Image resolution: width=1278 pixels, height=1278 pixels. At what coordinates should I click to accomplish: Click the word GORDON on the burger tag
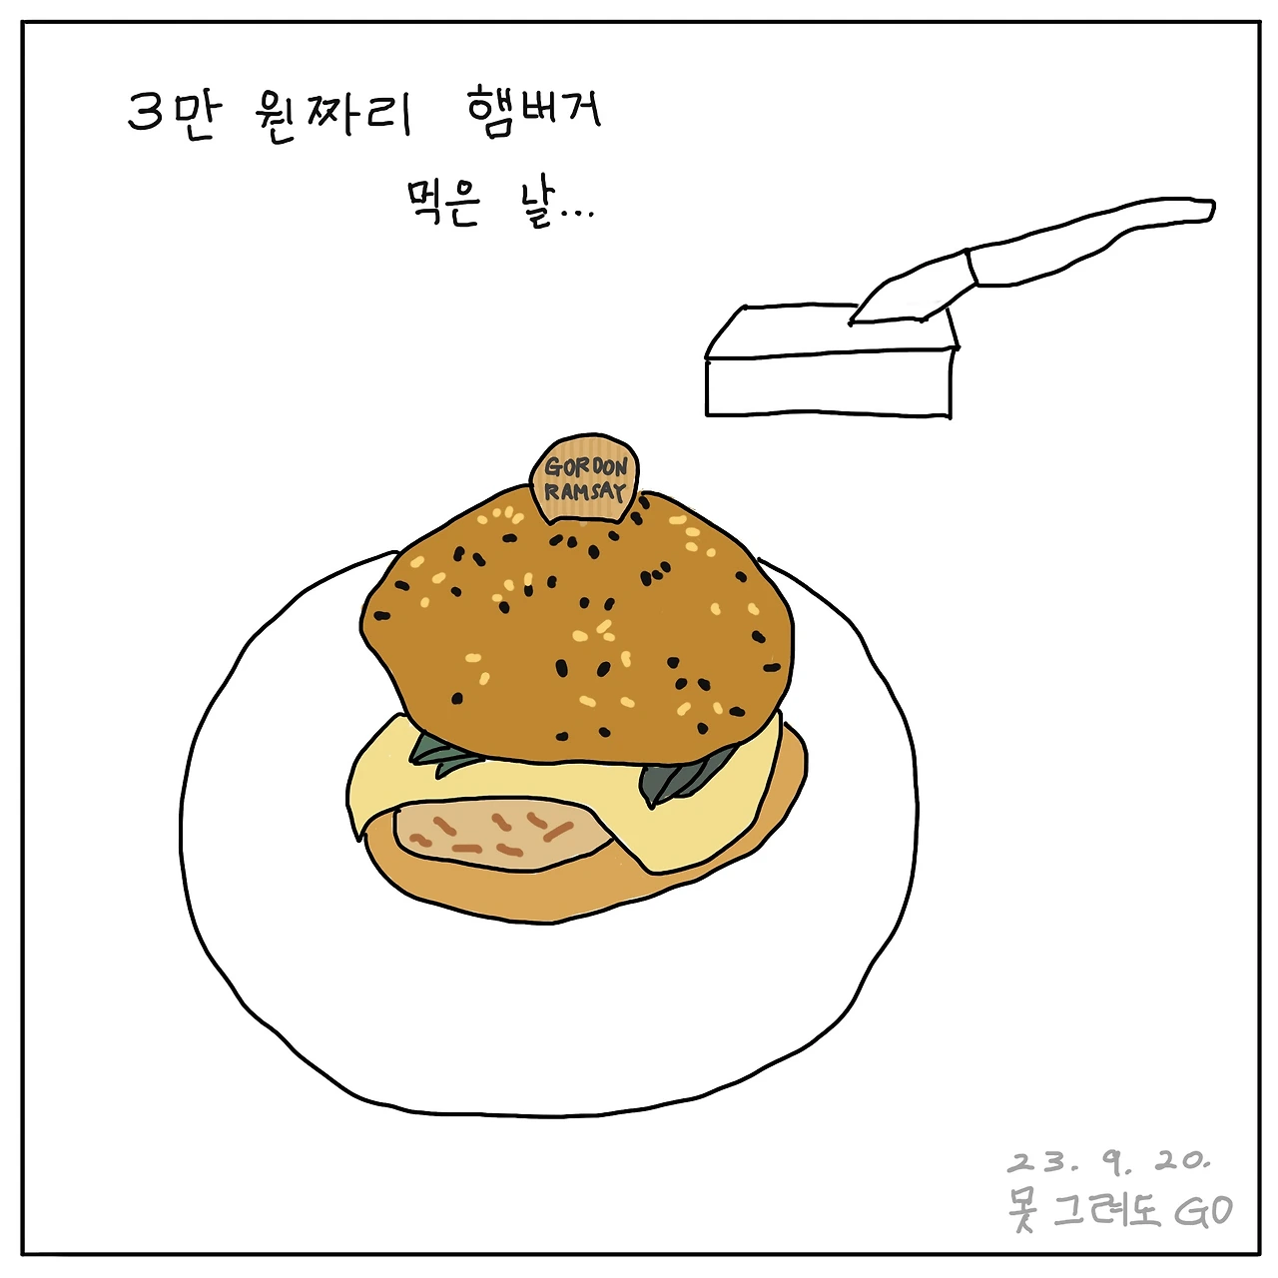point(585,467)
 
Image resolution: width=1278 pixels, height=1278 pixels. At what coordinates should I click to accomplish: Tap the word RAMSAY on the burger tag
point(585,492)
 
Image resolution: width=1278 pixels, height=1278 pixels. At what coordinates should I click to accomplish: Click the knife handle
point(1091,239)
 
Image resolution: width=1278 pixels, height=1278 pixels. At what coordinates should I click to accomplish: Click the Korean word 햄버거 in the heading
point(534,113)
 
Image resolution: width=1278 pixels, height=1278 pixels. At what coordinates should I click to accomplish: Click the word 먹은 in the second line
point(442,204)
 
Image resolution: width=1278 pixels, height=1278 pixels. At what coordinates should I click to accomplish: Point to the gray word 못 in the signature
point(1024,1211)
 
